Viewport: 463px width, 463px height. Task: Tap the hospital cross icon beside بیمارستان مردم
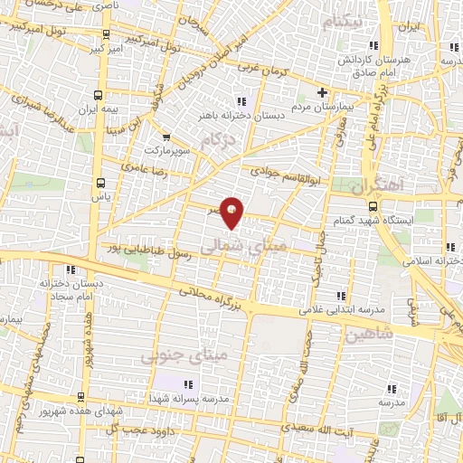pos(322,93)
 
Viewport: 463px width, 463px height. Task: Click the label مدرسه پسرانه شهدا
pos(191,398)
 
